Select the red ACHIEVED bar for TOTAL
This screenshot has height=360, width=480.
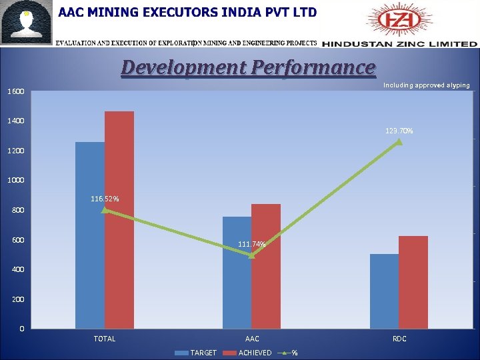click(x=119, y=220)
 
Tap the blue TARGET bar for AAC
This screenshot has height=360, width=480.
click(x=237, y=273)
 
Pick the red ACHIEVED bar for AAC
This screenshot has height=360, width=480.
click(x=266, y=267)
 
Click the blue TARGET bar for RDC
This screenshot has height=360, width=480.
click(x=384, y=291)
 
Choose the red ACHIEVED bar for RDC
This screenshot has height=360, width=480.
click(x=413, y=282)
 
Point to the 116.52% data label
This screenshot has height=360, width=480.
click(x=105, y=199)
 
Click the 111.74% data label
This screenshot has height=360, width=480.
click(x=252, y=245)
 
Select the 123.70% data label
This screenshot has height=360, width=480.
click(x=399, y=131)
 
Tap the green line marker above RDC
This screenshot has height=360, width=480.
click(x=399, y=141)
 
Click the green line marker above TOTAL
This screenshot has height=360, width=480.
click(x=105, y=210)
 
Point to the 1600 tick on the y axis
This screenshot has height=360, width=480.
click(x=17, y=91)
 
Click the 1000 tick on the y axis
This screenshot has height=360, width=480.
click(x=17, y=181)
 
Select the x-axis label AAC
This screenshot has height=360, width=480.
click(x=252, y=339)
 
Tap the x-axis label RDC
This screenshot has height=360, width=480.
click(x=399, y=339)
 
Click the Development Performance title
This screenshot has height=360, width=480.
click(x=248, y=67)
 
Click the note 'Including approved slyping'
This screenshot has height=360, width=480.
click(x=426, y=85)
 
